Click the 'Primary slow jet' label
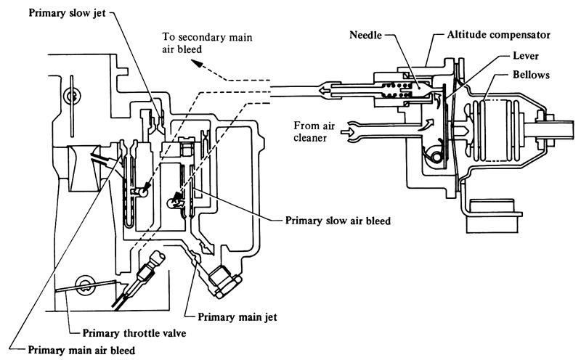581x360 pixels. pyautogui.click(x=67, y=13)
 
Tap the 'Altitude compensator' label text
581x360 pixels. pyautogui.click(x=498, y=35)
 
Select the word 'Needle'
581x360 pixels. pyautogui.click(x=365, y=35)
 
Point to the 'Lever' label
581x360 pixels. pyautogui.click(x=525, y=56)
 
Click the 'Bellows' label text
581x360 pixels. pyautogui.click(x=531, y=75)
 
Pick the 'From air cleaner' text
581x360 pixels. pyautogui.click(x=314, y=131)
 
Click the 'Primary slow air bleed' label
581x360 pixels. pyautogui.click(x=338, y=221)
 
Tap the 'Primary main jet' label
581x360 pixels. pyautogui.click(x=237, y=317)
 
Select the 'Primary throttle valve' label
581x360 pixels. pyautogui.click(x=134, y=333)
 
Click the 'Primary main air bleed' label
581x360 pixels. pyautogui.click(x=81, y=351)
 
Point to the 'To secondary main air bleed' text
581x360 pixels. pyautogui.click(x=207, y=43)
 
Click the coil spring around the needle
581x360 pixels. pyautogui.click(x=395, y=91)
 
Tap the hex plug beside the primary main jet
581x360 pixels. pyautogui.click(x=224, y=280)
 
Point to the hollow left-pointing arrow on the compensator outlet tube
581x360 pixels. pyautogui.click(x=325, y=91)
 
